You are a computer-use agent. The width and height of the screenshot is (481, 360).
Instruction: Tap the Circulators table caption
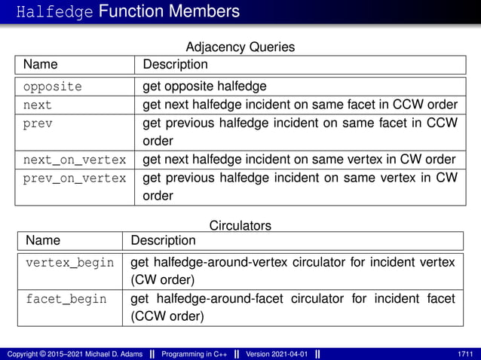[240, 225]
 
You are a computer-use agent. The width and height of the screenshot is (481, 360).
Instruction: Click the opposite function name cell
[52, 86]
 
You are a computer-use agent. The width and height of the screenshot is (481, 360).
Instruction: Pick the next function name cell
[38, 104]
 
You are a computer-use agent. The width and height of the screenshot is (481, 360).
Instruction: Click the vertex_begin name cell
[70, 262]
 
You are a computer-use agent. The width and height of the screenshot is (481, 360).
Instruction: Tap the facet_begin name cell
[66, 299]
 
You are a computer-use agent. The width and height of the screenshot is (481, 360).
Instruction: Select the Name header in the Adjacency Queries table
[40, 65]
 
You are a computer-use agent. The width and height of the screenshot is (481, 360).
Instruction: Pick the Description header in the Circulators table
[163, 241]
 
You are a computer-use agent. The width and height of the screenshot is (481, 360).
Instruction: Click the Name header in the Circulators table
[43, 241]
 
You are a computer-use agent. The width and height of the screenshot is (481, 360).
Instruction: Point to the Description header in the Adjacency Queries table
[175, 65]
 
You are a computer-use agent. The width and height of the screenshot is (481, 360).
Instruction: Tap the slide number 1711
[465, 353]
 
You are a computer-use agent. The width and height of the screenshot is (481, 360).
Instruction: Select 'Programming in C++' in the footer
[198, 353]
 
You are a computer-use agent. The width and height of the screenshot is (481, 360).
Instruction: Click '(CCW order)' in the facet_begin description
[167, 316]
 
